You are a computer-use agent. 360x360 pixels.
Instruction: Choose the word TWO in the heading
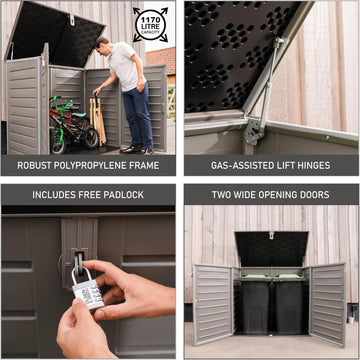tap(222, 194)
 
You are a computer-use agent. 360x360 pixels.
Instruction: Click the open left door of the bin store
tap(213, 300)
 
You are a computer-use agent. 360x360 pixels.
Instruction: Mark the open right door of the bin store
tap(329, 300)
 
